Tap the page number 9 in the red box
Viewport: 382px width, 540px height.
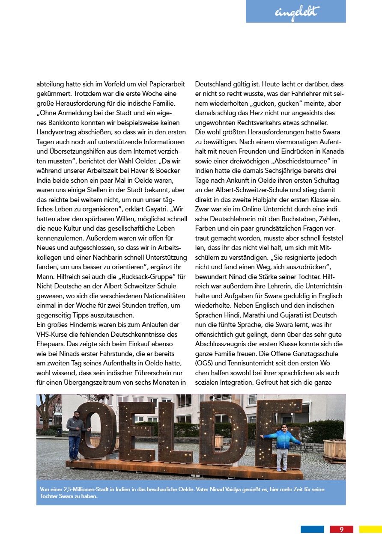tap(341, 529)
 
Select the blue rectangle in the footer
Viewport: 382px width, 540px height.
tap(312, 529)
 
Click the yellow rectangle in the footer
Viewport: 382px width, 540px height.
tap(370, 529)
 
